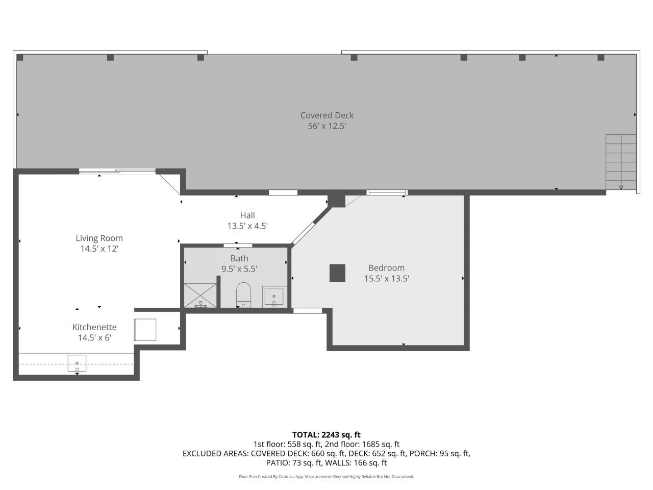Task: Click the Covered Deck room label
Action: (x=326, y=115)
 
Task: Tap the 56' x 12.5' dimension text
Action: (x=326, y=126)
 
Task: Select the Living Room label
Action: (x=99, y=238)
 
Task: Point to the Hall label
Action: (x=247, y=215)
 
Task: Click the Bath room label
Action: (x=239, y=258)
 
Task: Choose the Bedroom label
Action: (x=387, y=268)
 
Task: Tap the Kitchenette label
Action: (x=94, y=327)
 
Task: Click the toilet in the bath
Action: (x=244, y=295)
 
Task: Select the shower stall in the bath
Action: (x=200, y=295)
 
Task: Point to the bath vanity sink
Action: (x=274, y=297)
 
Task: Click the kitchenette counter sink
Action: (x=77, y=363)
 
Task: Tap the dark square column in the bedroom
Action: (x=337, y=273)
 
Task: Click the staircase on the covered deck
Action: (x=621, y=162)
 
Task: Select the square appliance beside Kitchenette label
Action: (x=145, y=330)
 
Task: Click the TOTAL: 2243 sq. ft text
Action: (x=326, y=435)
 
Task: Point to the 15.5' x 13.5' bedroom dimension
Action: (x=387, y=279)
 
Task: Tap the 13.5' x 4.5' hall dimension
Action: (x=247, y=226)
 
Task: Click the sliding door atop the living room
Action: (x=117, y=171)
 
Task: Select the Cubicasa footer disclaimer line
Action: (x=326, y=476)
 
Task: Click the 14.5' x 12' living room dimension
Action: (x=99, y=249)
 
